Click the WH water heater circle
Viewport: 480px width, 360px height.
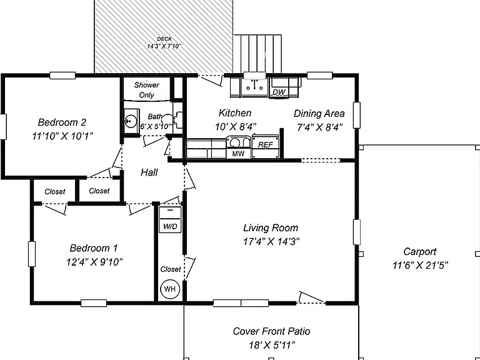tap(170, 289)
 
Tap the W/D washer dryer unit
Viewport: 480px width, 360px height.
tap(170, 220)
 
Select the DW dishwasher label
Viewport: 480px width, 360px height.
tap(279, 92)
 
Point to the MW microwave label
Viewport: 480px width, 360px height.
tap(238, 154)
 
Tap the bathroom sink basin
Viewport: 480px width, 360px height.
tap(131, 121)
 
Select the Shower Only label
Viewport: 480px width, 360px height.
tap(147, 90)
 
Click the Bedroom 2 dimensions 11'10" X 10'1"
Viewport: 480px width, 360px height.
tap(62, 136)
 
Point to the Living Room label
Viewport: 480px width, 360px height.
tap(271, 227)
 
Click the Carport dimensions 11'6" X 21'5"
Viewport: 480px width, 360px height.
tap(420, 265)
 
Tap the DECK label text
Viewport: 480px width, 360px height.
tap(164, 39)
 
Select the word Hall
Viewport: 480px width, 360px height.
tap(149, 172)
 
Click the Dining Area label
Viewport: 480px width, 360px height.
tap(319, 114)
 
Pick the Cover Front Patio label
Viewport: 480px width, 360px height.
tap(271, 331)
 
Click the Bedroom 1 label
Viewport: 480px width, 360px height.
tap(94, 248)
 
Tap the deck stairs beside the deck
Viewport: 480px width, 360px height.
tap(257, 54)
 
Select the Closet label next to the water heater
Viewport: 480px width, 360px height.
tap(171, 269)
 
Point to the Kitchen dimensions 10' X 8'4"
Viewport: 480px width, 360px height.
tap(236, 127)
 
